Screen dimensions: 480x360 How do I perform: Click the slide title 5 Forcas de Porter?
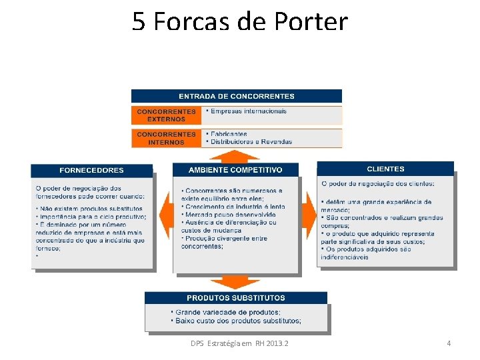[240, 21]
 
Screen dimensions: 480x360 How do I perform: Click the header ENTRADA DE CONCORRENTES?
[237, 96]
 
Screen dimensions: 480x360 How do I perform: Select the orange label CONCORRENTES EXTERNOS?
[167, 115]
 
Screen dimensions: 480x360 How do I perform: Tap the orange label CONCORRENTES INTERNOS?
[167, 138]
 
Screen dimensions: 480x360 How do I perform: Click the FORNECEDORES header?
[91, 170]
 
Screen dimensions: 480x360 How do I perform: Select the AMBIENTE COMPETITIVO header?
[235, 170]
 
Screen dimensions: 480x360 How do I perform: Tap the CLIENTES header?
[385, 169]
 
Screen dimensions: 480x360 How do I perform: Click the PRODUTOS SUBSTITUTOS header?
[236, 298]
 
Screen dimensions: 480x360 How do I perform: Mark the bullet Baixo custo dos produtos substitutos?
[239, 321]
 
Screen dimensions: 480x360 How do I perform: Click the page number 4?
[449, 343]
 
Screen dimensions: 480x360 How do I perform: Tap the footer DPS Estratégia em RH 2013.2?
[239, 343]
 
